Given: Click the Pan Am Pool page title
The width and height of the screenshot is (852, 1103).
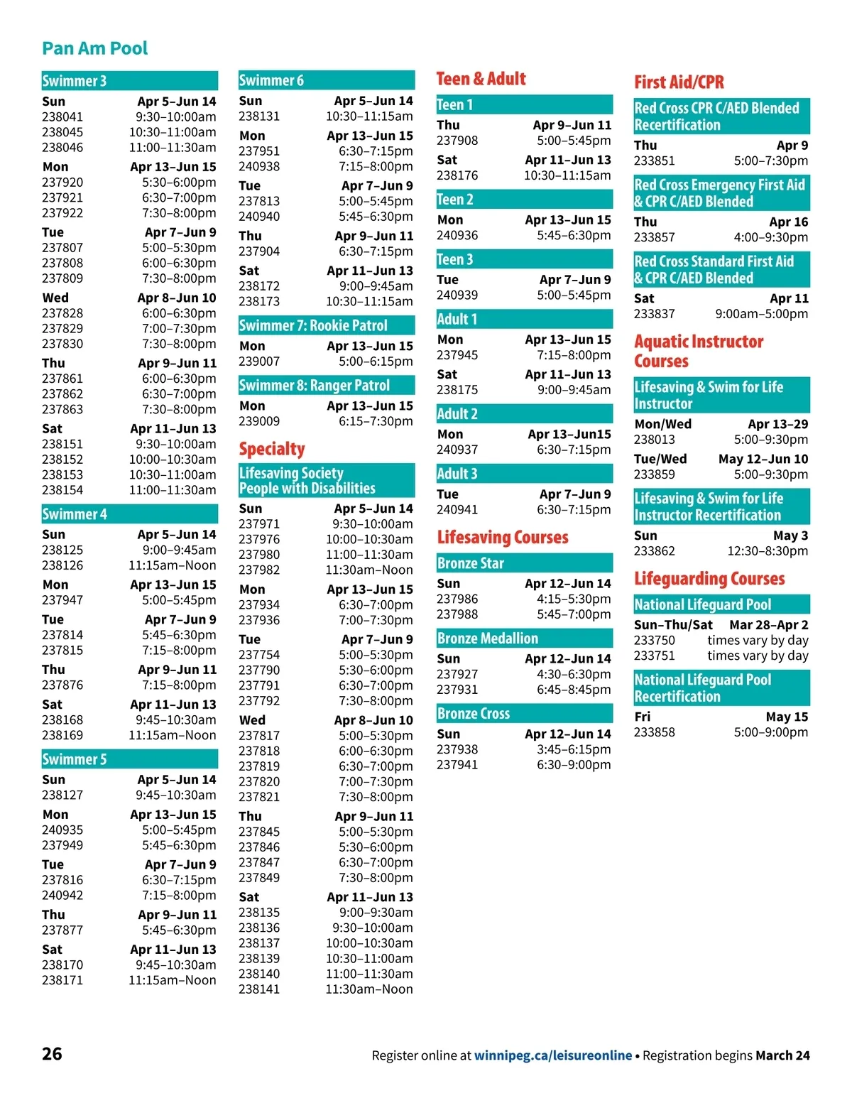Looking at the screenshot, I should (94, 48).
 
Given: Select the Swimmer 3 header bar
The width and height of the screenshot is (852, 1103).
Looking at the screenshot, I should (129, 81).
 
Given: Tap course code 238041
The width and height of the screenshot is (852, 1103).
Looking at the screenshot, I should (62, 117).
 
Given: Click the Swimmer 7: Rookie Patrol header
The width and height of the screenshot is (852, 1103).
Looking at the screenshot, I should (326, 326).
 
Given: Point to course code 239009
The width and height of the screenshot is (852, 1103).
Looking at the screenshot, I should (259, 421).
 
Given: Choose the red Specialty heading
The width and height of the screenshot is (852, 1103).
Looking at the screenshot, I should (272, 449).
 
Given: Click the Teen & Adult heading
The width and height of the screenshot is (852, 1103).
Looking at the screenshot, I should (481, 79).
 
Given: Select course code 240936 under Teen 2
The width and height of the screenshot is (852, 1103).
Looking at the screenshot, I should (457, 235).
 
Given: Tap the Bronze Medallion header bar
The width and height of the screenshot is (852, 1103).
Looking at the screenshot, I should (524, 639).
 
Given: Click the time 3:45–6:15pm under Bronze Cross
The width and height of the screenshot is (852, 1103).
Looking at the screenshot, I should (574, 749).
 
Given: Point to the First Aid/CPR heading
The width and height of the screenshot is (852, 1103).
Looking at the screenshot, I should (679, 82).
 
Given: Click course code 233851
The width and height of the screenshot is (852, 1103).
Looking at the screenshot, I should (655, 161).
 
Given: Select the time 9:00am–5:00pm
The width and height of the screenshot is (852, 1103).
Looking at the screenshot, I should (761, 314).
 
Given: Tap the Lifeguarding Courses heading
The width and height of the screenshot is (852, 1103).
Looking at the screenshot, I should (709, 579).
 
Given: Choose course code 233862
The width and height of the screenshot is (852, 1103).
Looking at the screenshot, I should (655, 551).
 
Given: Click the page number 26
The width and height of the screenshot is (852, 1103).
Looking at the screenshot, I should (52, 1054).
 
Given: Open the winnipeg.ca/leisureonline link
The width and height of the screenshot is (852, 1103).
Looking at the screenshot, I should (553, 1055).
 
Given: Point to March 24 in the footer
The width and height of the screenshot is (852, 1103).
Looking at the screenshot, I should (782, 1055).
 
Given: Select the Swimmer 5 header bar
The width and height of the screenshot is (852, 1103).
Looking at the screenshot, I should (129, 759).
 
